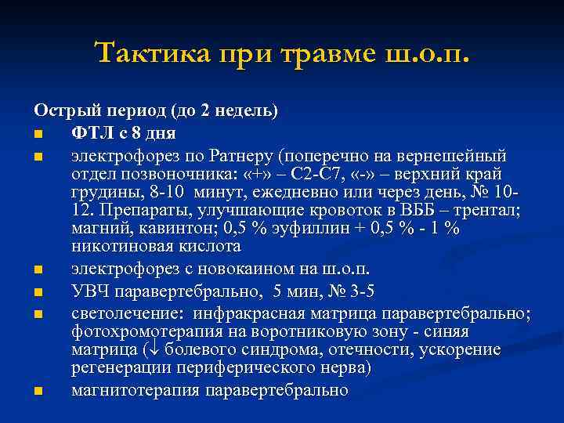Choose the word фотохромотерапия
[x=139, y=331]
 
